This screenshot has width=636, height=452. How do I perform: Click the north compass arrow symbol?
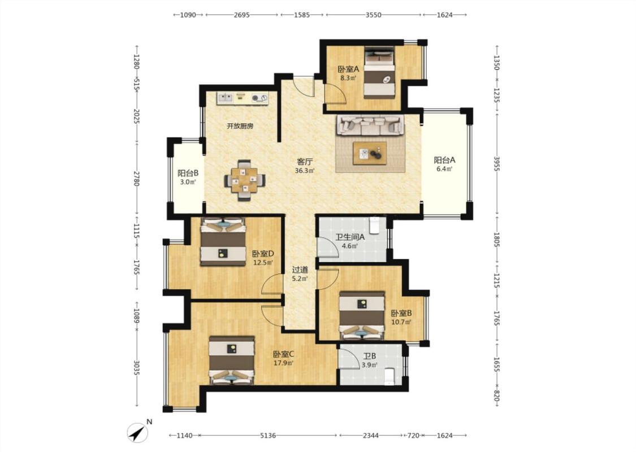137,433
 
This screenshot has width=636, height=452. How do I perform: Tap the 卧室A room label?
348,69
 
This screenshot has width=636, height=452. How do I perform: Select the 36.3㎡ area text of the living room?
305,171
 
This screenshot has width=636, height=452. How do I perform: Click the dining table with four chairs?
245,180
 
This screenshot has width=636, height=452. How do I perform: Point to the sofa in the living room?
370,125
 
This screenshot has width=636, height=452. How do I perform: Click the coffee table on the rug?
370,153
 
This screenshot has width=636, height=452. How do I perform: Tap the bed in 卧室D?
223,242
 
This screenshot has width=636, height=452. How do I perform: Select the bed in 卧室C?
232,360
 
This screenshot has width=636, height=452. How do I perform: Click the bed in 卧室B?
362,315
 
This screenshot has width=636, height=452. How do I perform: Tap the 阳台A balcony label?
444,160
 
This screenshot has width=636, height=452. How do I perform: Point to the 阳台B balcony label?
188,173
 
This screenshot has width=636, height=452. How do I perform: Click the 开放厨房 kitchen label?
240,126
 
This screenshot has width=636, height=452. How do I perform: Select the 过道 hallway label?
300,270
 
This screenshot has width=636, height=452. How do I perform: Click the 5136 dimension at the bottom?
268,436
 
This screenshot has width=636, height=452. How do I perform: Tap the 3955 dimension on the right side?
496,163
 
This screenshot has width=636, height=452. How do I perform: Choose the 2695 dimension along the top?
242,15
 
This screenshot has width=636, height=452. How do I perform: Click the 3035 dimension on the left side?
137,368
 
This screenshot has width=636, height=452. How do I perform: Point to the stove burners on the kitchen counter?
260,97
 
